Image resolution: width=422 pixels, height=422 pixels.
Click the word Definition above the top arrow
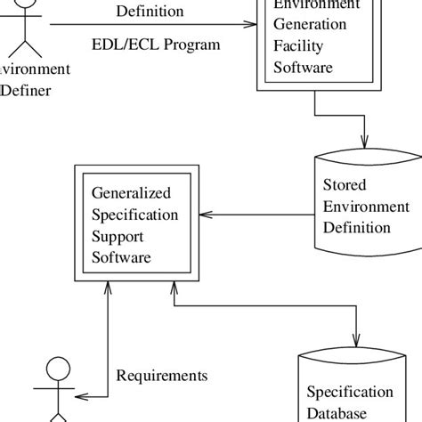150,12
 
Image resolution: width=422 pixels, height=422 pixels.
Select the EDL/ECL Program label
155,44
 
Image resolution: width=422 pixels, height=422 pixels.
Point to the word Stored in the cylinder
344,188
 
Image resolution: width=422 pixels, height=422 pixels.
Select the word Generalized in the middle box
132,194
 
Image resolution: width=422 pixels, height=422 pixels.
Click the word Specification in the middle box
135,215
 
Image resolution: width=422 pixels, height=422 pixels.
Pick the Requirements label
161,376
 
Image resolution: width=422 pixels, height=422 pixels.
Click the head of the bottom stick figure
57,369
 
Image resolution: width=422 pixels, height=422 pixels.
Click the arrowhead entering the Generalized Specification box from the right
207,214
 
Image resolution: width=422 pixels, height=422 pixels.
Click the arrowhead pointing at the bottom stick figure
83,396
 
